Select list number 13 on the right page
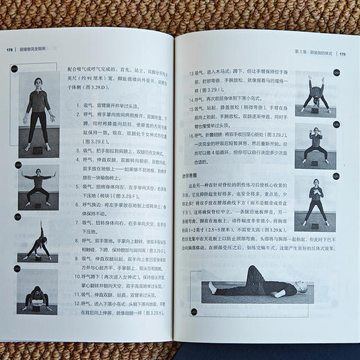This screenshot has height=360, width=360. [185, 73]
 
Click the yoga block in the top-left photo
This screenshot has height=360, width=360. [37, 148]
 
